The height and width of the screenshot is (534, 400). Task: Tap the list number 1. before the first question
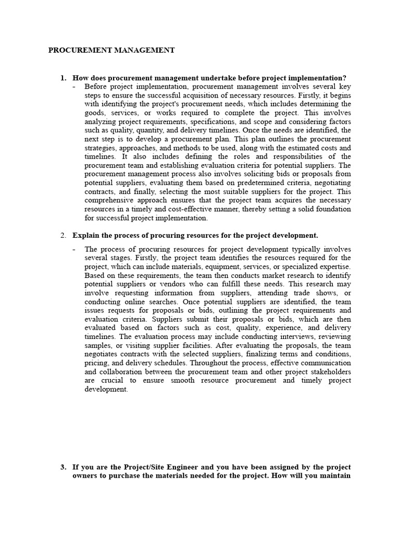coord(64,78)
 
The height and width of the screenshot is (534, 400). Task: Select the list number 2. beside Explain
coord(64,235)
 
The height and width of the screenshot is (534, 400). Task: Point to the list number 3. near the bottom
coord(64,467)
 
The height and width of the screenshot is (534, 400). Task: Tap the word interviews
coord(303,337)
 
